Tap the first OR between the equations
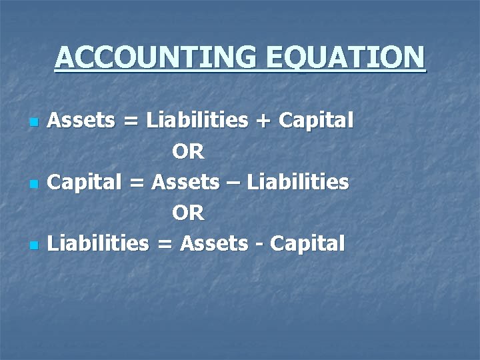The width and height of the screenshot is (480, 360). [x=188, y=152]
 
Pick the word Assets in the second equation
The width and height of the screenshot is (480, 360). [x=184, y=182]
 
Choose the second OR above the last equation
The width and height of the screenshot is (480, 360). [x=188, y=213]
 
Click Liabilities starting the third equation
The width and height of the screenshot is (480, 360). [x=99, y=243]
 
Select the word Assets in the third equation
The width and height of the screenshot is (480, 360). [x=212, y=243]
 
